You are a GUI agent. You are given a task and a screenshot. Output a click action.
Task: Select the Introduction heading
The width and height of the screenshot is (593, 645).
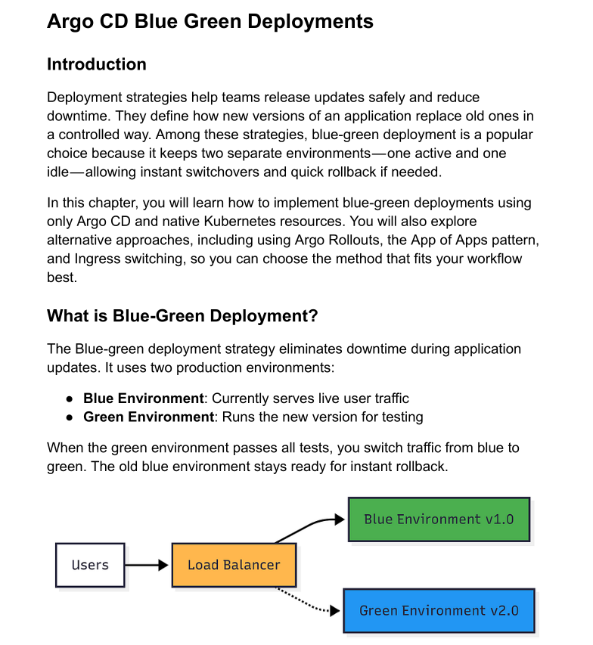pos(97,64)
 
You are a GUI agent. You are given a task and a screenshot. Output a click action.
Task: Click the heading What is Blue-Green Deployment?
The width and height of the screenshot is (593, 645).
pos(182,316)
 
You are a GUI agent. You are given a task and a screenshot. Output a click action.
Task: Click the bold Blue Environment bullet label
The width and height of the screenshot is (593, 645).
pos(144,398)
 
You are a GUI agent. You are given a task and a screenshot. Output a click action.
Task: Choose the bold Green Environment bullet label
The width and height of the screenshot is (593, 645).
pos(149,417)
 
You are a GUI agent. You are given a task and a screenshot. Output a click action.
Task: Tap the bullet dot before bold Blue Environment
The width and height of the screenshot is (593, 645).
pos(69,398)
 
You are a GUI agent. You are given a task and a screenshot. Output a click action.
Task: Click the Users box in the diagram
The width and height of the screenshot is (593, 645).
pos(90,565)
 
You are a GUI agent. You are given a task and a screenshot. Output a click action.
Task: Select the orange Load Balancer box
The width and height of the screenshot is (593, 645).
pos(234,565)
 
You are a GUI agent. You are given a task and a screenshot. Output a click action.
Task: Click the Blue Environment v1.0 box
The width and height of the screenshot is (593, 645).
pos(439,519)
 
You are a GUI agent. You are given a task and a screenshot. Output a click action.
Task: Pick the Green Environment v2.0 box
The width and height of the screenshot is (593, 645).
pos(439,611)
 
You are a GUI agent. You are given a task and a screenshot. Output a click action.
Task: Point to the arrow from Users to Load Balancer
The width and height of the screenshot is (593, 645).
pos(146,565)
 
